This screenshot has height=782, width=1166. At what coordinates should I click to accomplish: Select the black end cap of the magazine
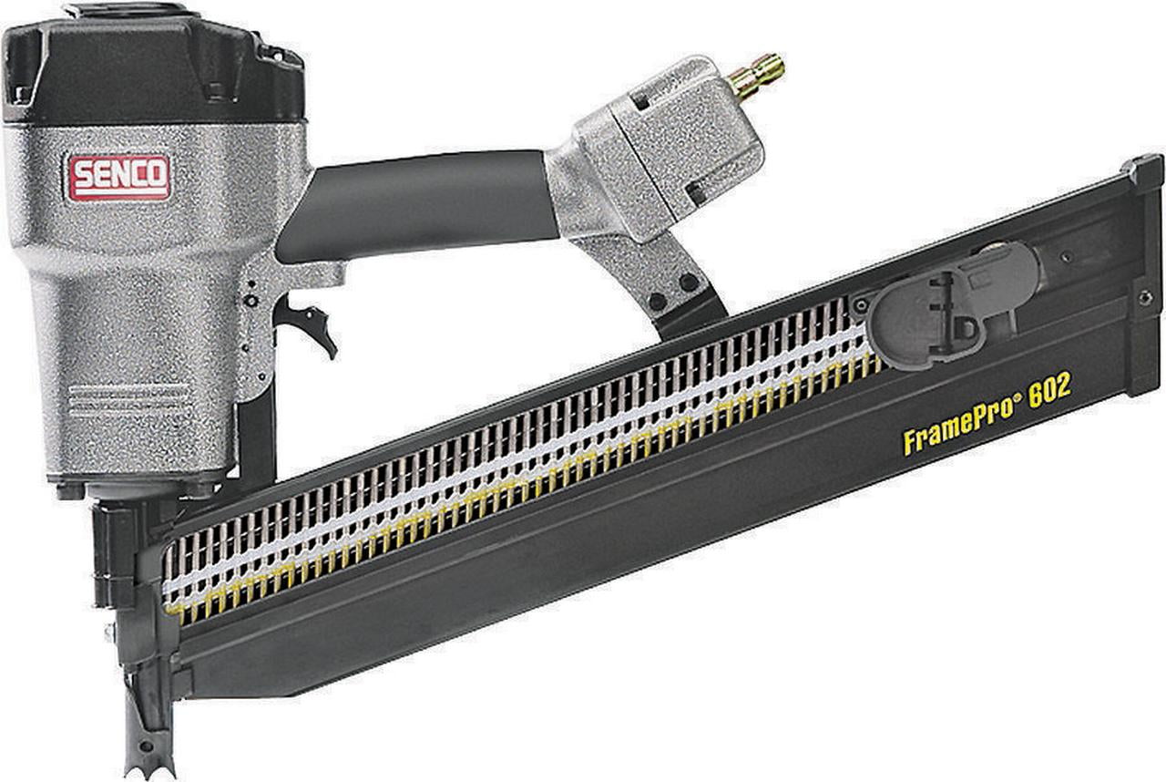pyautogui.click(x=1143, y=273)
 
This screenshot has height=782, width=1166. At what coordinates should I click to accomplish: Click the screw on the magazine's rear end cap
pyautogui.click(x=1145, y=296)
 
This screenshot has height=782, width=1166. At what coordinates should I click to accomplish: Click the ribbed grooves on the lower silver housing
pyautogui.click(x=128, y=401)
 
